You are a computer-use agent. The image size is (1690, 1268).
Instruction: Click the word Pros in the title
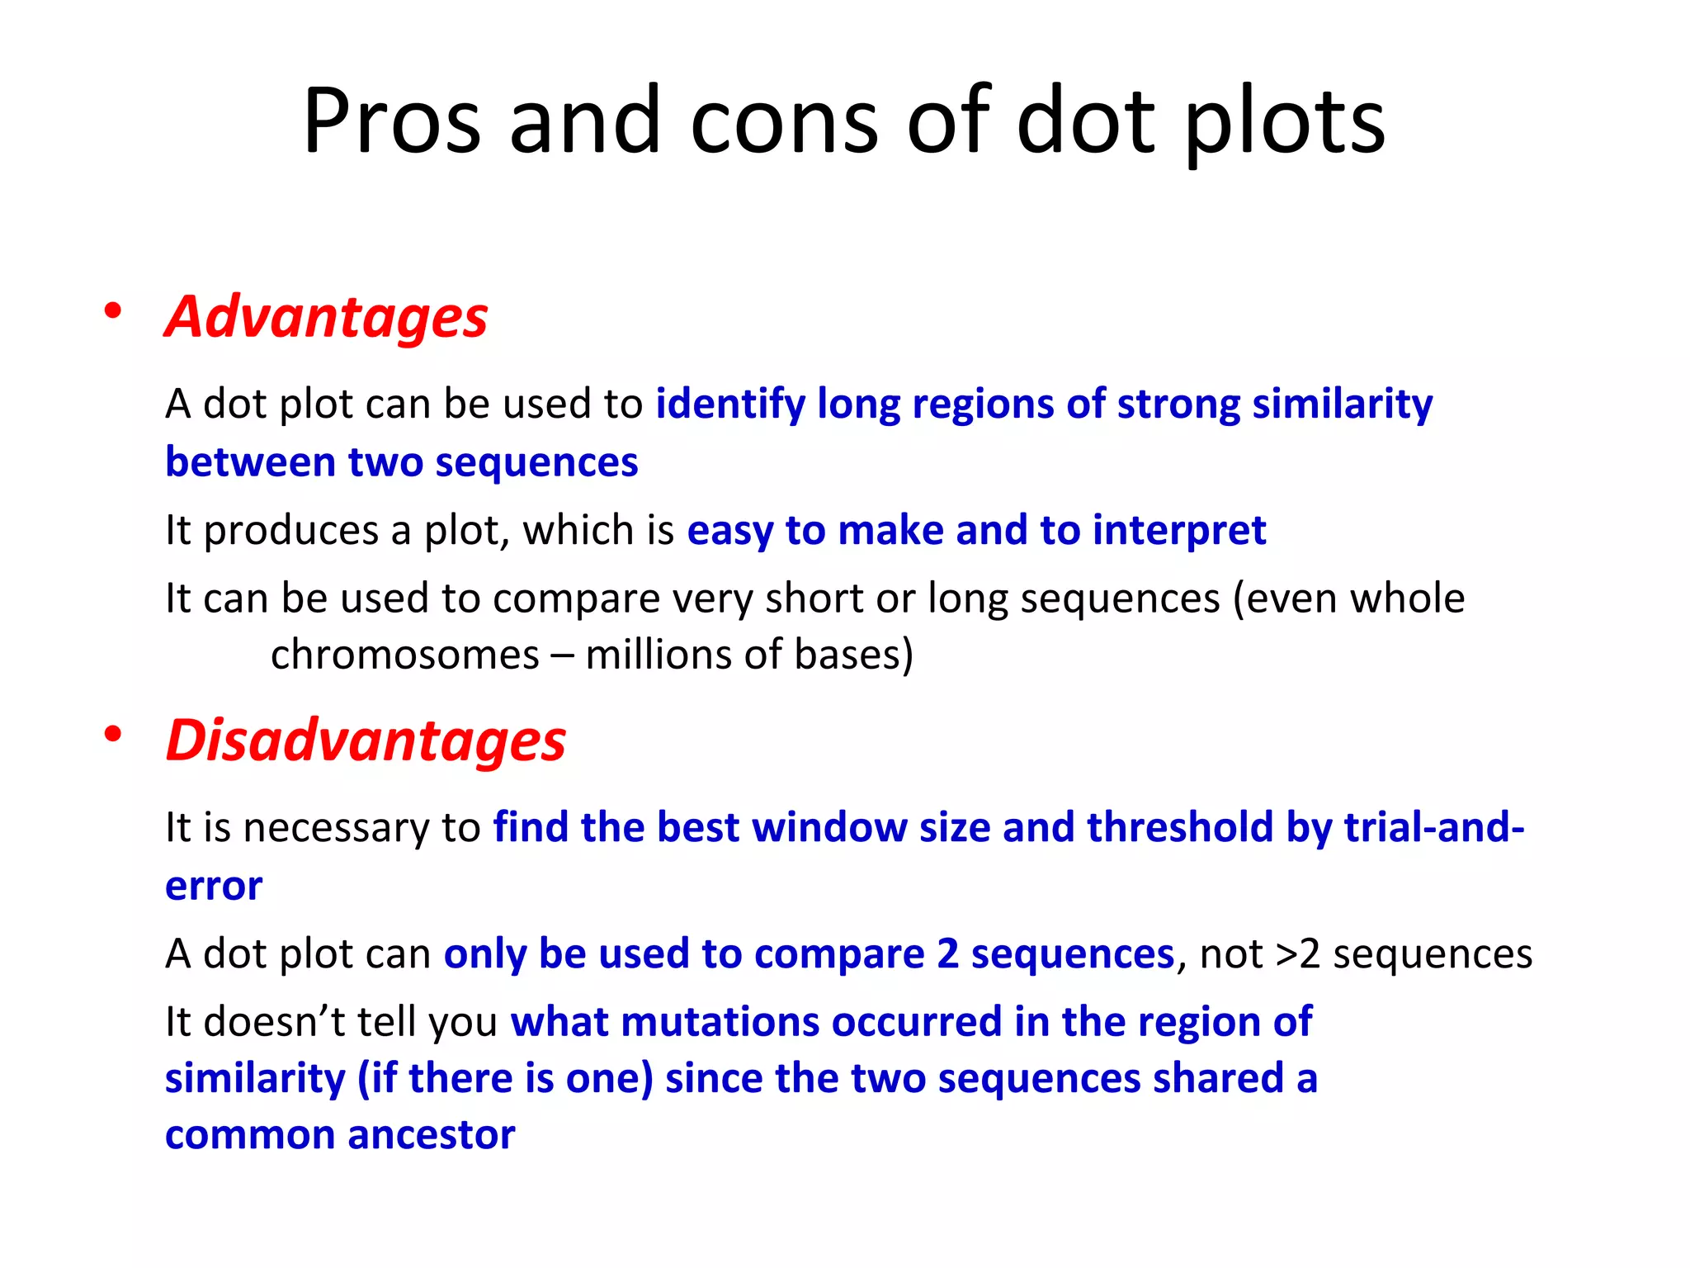(x=392, y=121)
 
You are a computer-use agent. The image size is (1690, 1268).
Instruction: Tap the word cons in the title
(x=784, y=121)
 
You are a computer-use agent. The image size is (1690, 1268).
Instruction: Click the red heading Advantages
(x=327, y=317)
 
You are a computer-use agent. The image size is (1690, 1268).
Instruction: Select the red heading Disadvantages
(x=366, y=740)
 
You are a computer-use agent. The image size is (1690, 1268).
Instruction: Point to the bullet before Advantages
(x=113, y=312)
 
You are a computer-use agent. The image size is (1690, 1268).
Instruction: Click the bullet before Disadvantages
(x=113, y=734)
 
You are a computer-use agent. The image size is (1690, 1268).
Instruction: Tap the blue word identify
(x=729, y=405)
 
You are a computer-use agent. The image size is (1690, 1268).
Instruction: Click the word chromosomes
(x=404, y=655)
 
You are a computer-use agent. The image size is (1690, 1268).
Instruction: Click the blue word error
(x=214, y=887)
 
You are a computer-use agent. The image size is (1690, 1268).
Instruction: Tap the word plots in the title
(x=1285, y=121)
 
